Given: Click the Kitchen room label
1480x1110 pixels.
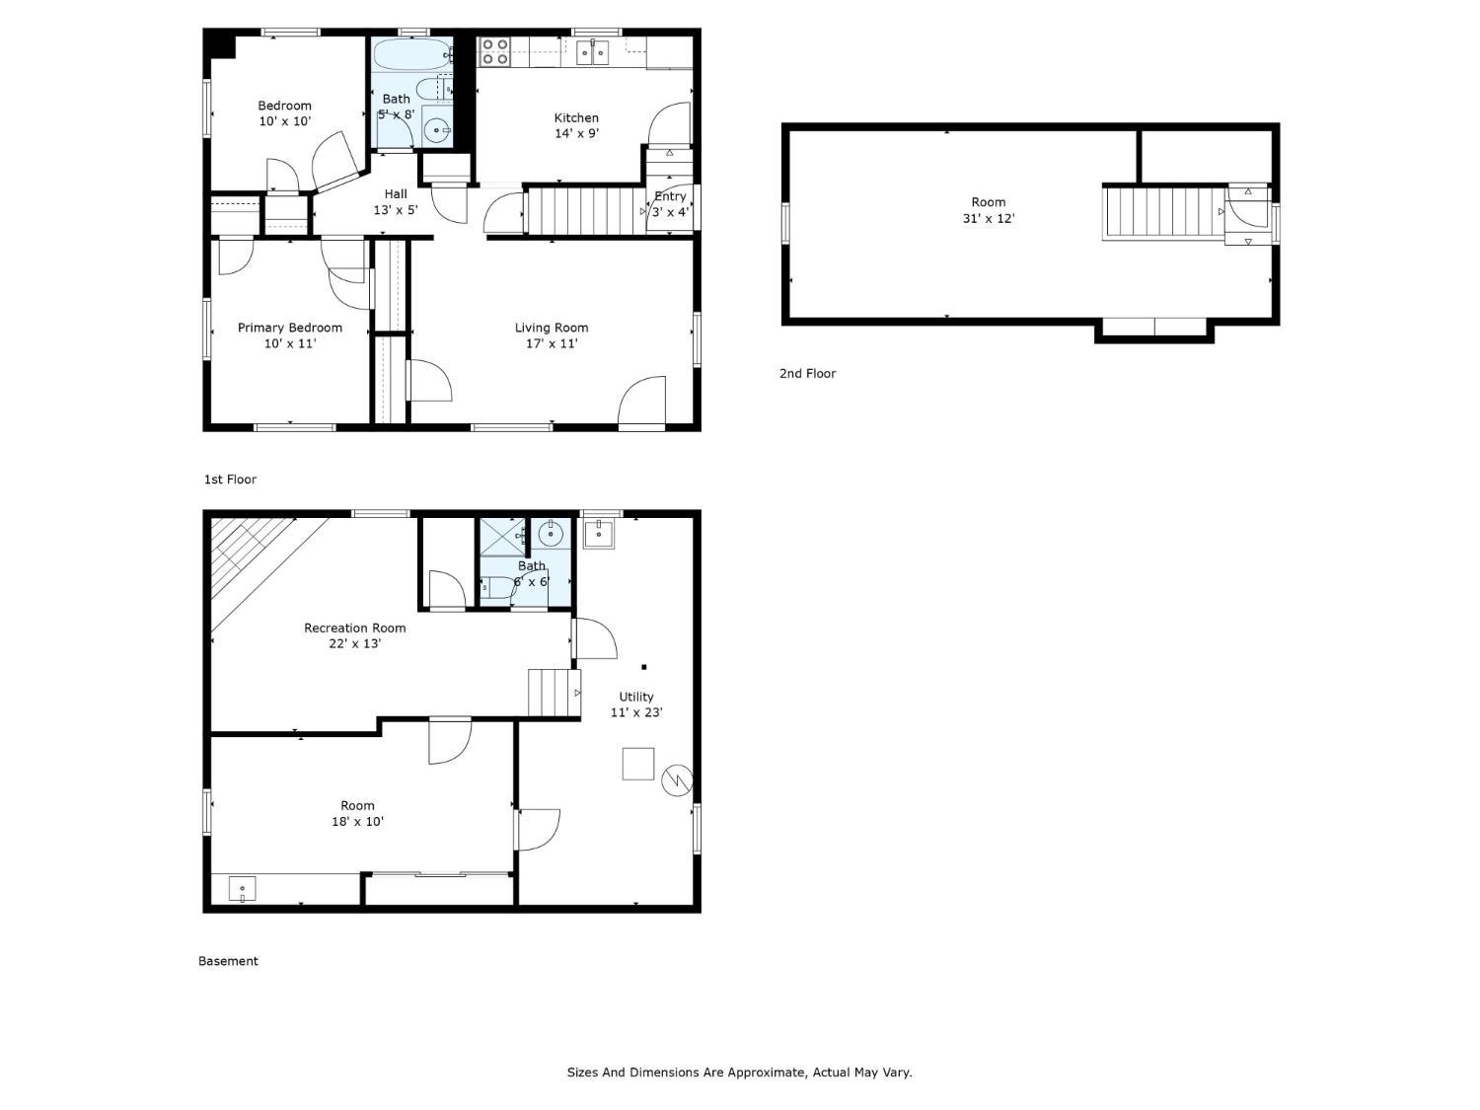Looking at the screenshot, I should pos(576,117).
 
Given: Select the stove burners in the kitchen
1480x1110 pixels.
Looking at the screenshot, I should pos(493,51).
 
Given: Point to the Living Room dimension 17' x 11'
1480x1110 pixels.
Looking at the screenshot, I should pos(552,343).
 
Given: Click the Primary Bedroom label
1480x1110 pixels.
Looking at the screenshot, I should pos(290,328).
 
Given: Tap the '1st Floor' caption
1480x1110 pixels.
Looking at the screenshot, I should pos(230,480).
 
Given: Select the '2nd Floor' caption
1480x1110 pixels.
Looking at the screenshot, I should pos(807,373).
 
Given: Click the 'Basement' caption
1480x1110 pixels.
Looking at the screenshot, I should pos(228,961).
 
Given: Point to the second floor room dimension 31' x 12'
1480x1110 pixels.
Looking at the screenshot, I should pos(988,218).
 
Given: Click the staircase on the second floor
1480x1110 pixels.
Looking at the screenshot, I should pos(1160,212).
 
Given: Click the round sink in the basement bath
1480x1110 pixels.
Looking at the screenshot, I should pos(551,535).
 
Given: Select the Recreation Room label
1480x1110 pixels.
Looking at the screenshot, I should pos(354,628).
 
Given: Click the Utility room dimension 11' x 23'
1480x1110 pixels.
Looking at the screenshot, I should pos(636,712).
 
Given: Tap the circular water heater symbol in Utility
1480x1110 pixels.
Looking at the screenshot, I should pos(677,780).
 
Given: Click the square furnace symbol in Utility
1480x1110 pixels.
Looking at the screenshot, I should pos(637,764).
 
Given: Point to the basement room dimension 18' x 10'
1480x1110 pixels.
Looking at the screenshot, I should pos(357,821).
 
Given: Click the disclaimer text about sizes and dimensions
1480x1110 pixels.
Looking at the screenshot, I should pos(739,1072).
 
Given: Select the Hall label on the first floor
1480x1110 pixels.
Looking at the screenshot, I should pos(396,193).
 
